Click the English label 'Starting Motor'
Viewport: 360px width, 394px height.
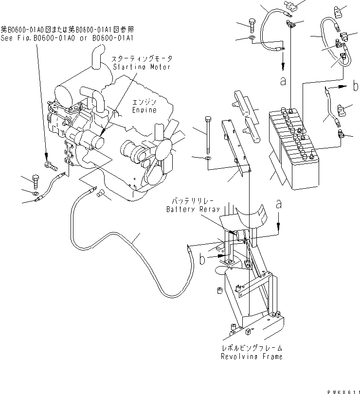(x=142, y=67)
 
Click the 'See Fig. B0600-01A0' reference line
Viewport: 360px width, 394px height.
(x=67, y=37)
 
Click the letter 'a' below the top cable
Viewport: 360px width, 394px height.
(x=283, y=81)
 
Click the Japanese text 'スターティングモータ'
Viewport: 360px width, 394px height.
(x=142, y=58)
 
